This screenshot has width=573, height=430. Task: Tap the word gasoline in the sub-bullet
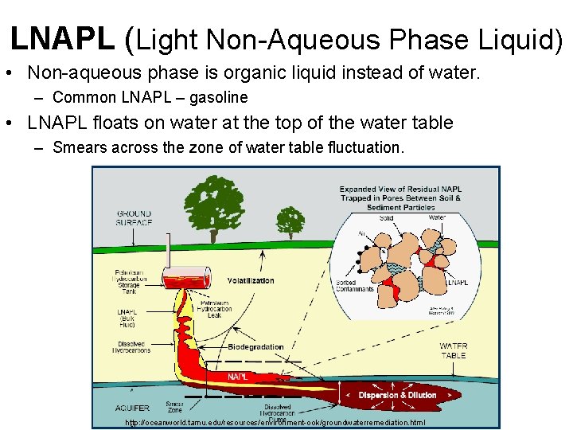[x=219, y=98]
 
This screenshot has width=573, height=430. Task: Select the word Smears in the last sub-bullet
[x=76, y=148]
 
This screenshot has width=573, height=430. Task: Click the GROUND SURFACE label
[x=134, y=217]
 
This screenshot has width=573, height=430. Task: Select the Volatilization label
[x=251, y=280]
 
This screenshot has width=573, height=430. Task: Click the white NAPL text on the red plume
[x=238, y=376]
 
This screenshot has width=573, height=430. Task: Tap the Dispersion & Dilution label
[x=397, y=396]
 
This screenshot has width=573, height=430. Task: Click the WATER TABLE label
[x=454, y=350]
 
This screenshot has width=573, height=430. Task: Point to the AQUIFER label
[x=131, y=408]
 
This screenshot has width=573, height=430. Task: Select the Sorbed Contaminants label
[x=355, y=286]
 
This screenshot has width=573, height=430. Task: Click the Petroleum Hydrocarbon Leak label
[x=216, y=309]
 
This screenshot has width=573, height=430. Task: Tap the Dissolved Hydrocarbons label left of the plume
[x=132, y=347]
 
